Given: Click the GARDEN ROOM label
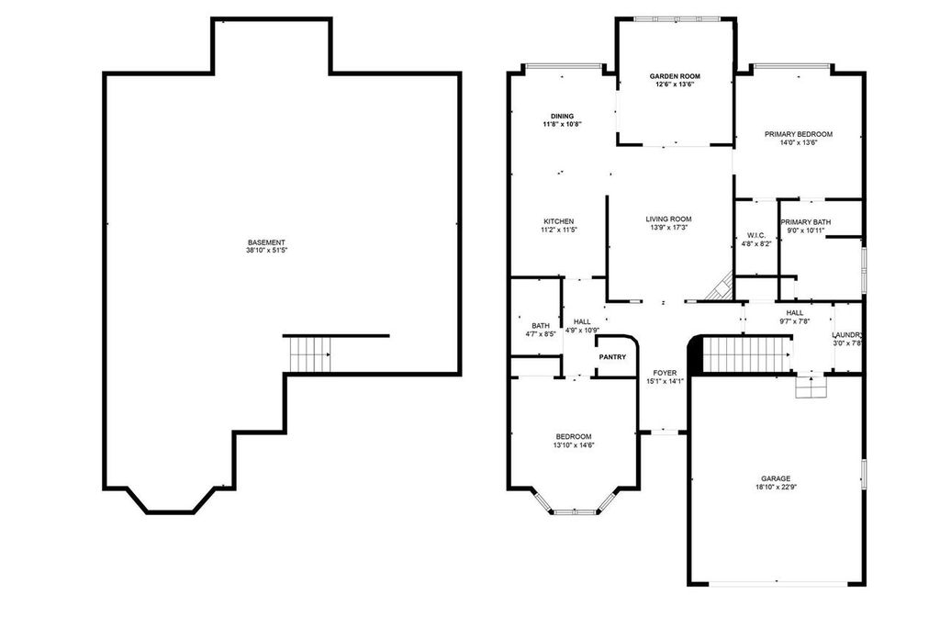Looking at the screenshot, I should (675, 76).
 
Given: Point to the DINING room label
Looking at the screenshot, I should (562, 116).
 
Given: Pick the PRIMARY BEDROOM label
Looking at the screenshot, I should (798, 134).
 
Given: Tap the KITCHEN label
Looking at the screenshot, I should (558, 221).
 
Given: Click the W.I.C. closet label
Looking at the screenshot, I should (756, 236).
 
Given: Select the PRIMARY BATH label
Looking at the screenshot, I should (805, 222).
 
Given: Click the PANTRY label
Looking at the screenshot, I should (612, 356).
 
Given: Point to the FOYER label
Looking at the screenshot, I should (665, 373).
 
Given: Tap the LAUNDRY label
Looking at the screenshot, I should (847, 335).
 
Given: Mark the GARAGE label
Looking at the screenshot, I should (775, 478).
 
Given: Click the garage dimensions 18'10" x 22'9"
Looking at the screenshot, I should (775, 488).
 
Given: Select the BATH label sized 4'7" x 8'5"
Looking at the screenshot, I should (540, 326).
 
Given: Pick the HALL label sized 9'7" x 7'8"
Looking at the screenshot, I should (794, 313).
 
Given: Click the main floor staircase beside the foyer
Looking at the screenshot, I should (746, 354).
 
